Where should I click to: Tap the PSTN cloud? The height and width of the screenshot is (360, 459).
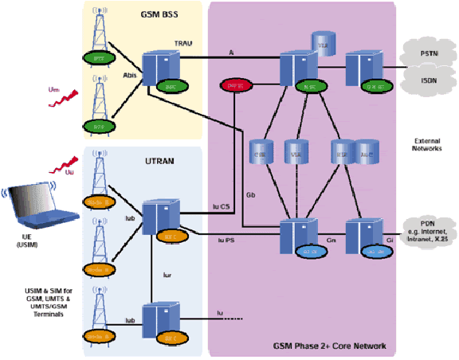(426, 53)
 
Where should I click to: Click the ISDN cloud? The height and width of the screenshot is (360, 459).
(426, 80)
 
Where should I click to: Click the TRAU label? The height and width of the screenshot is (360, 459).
(182, 44)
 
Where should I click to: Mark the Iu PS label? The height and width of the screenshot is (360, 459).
(227, 238)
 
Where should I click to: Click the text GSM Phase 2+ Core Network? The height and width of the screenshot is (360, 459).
(330, 346)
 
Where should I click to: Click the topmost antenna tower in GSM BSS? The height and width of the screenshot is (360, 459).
(99, 32)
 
